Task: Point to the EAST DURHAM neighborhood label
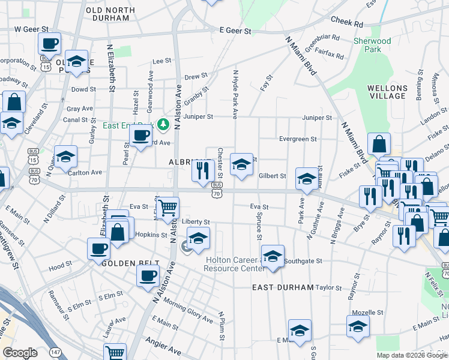[x=283, y=287]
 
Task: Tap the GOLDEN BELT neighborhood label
[x=130, y=263]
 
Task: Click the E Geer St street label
[x=235, y=29]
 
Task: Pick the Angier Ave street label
[x=163, y=348]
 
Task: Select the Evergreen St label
[x=298, y=139]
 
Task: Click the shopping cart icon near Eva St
[x=167, y=207]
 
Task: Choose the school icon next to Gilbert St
[x=307, y=178]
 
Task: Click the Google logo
[x=20, y=353]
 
